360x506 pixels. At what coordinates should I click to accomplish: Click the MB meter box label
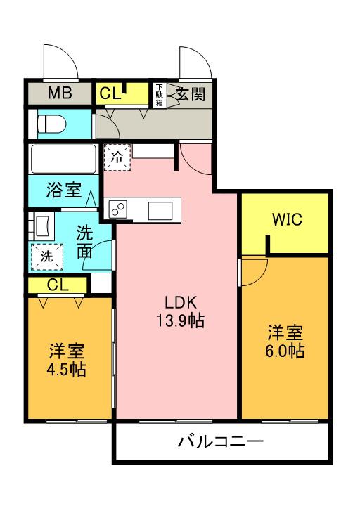pos(60,93)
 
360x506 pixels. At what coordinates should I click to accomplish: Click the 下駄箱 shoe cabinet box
pos(160,93)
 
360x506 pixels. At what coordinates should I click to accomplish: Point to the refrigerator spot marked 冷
pos(118,157)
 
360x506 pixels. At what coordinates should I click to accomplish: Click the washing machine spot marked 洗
pos(46,256)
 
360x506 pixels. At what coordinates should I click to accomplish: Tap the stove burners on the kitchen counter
pos(118,209)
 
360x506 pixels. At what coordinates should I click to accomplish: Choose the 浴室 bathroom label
pos(63,190)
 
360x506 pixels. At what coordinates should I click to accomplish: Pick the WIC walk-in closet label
pos(287,220)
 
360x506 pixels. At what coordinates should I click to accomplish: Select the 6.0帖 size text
pos(285,351)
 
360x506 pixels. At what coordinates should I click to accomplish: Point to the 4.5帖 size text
pos(67,369)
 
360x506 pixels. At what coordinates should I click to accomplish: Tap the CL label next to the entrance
pos(110,93)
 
